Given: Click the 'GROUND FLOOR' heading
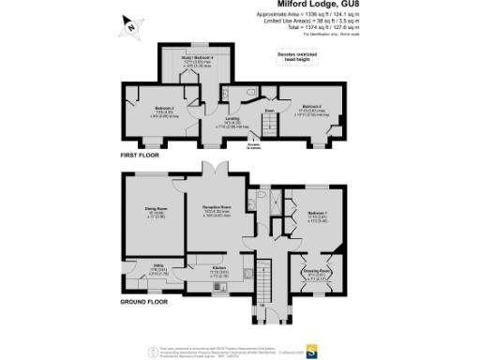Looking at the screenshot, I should point(143,302).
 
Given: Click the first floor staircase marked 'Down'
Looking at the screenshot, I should point(267,121).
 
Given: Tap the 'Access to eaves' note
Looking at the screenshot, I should point(254,146).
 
